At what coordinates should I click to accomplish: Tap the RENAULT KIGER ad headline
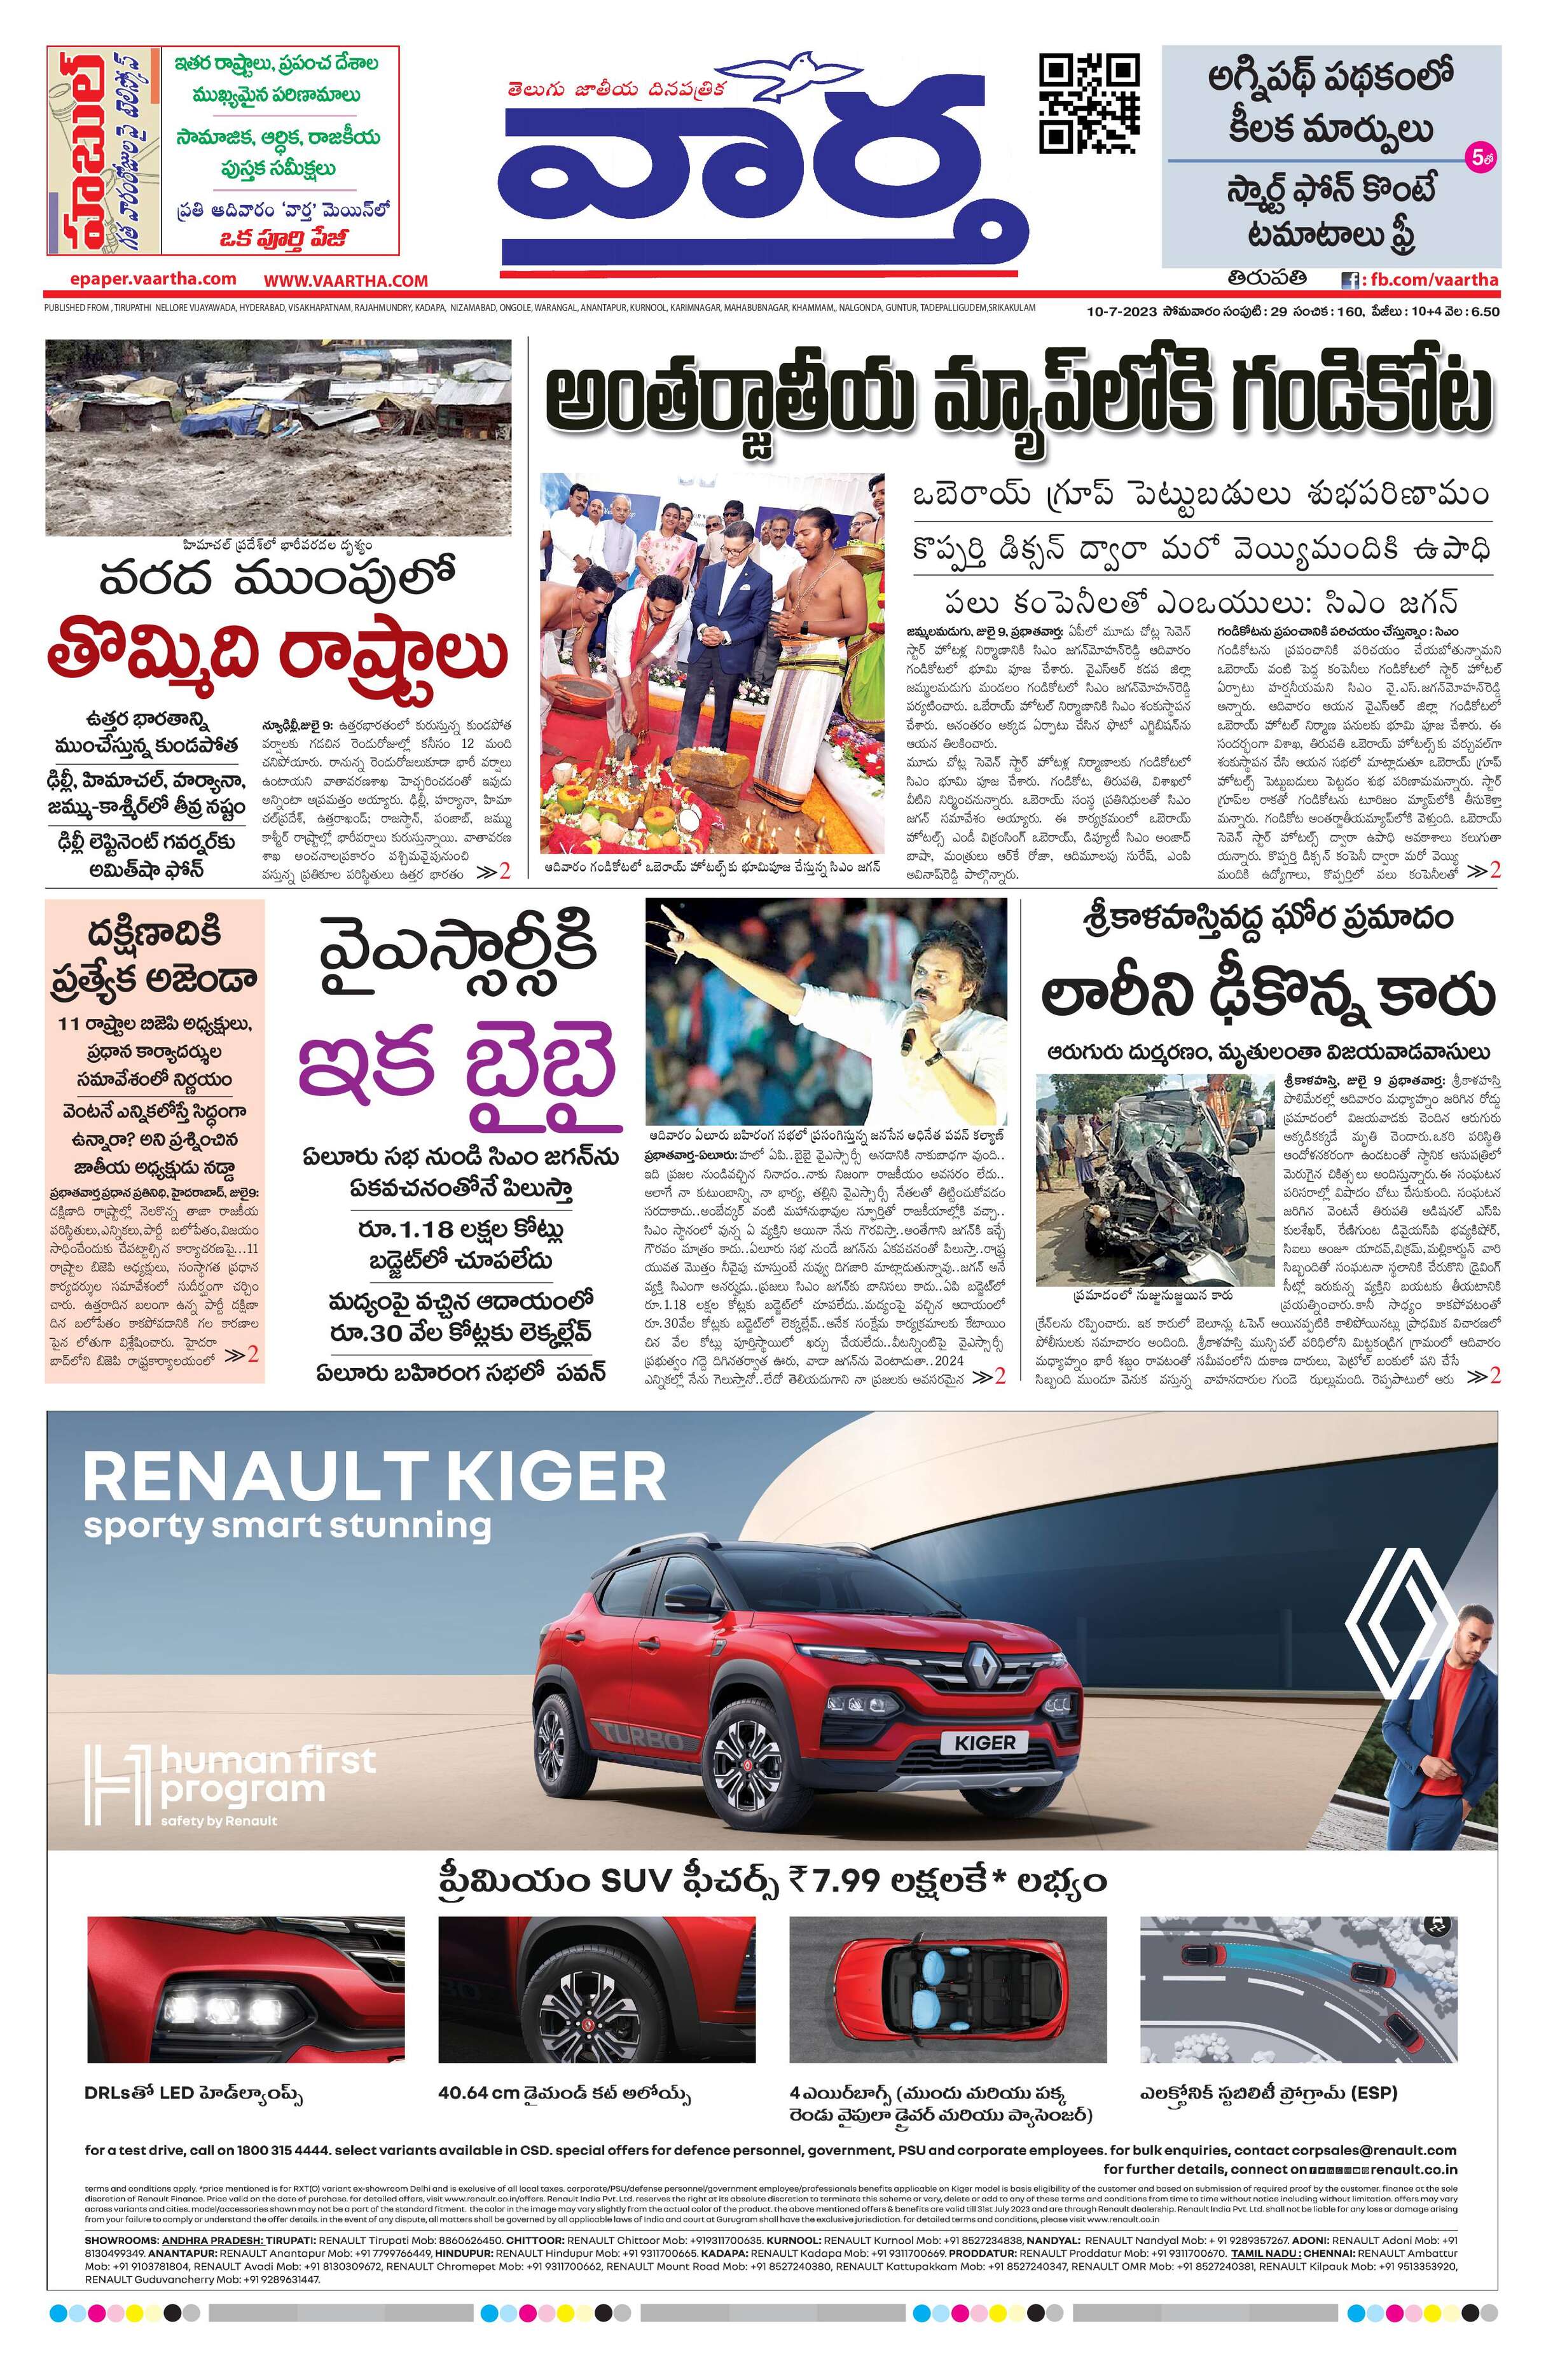[374, 1476]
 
